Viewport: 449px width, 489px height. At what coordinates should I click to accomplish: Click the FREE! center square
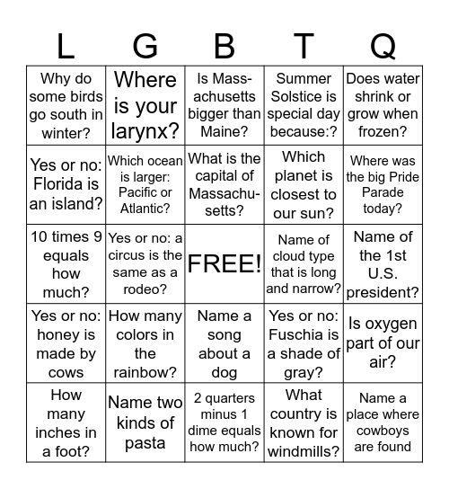coord(224,264)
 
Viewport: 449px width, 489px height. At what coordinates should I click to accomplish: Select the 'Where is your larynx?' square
coord(145,106)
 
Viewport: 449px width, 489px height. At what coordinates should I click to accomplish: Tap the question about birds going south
coord(66,106)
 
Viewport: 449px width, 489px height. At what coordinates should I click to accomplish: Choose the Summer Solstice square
coord(304,106)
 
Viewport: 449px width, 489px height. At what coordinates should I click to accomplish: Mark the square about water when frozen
coord(383,106)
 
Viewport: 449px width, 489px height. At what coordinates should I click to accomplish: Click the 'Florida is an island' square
coord(66,185)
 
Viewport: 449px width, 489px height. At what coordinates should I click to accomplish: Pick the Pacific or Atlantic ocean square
coord(145,185)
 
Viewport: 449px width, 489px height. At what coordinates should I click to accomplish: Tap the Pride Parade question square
coord(383,185)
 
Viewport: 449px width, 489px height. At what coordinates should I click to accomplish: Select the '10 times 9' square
coord(66,264)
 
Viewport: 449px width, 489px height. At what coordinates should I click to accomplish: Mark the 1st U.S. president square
coord(383,264)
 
